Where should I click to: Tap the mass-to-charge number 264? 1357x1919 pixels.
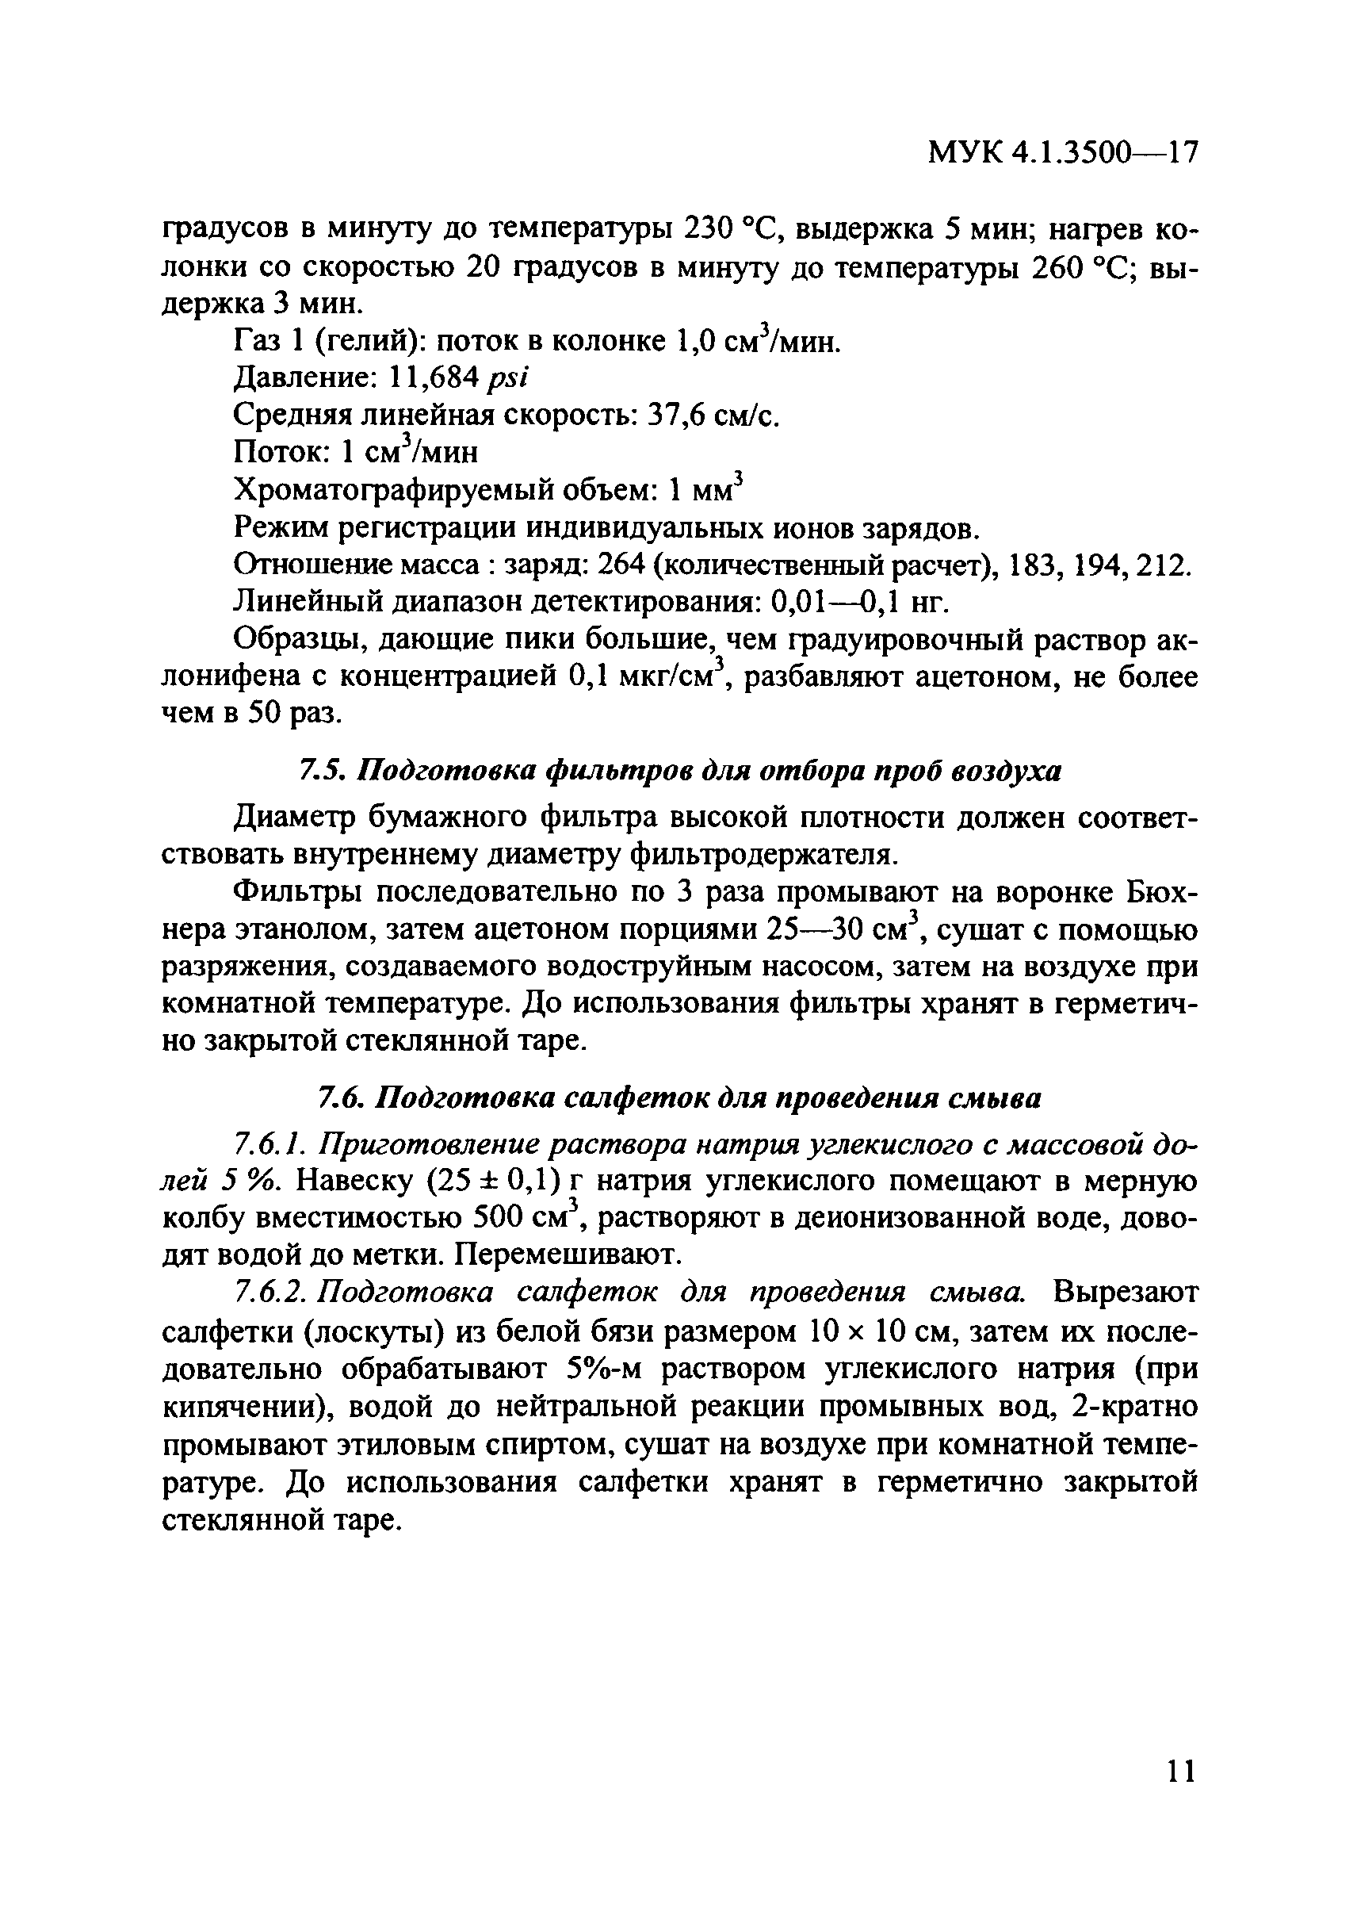pyautogui.click(x=619, y=566)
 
